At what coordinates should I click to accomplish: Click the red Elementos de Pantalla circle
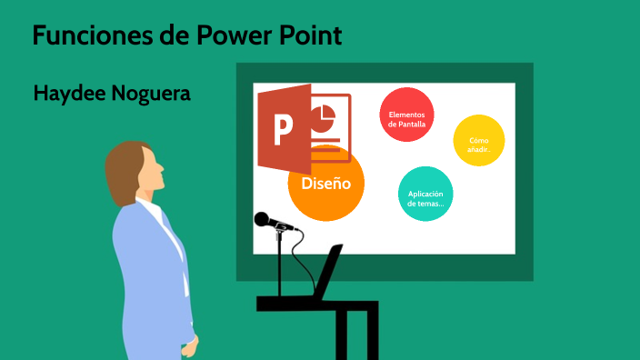pyautogui.click(x=406, y=115)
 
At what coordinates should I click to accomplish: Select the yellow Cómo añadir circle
pyautogui.click(x=479, y=141)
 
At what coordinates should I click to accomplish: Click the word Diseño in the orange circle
pyautogui.click(x=325, y=183)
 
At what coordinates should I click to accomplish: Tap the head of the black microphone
pyautogui.click(x=263, y=219)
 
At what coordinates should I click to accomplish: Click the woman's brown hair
pyautogui.click(x=122, y=169)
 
